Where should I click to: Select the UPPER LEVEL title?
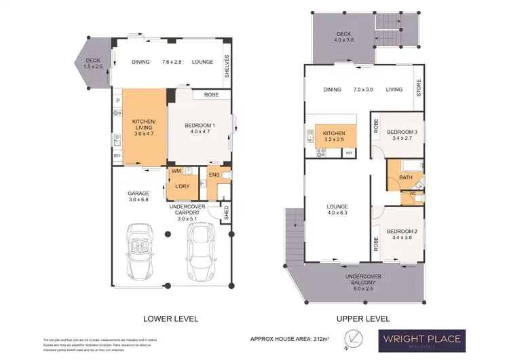364,318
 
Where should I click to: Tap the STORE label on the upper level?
419,89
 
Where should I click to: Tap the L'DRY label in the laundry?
181,186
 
